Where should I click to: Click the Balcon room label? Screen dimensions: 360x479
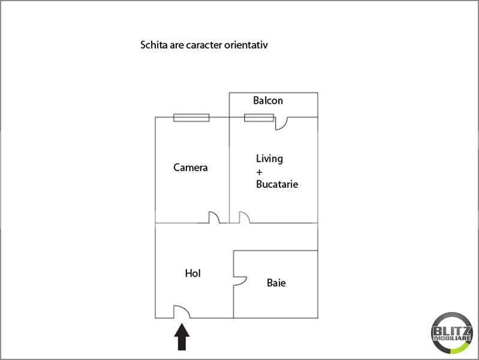point(267,101)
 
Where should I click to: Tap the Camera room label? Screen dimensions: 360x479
point(191,167)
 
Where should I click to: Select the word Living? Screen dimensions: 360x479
point(269,159)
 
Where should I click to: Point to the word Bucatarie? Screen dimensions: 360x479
point(277,184)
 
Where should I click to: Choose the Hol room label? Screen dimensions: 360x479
point(192,274)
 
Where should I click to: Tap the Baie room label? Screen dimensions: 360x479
point(276,282)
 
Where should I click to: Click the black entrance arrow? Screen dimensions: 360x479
point(182,337)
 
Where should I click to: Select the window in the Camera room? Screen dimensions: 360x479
point(191,118)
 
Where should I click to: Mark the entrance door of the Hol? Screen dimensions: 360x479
point(182,312)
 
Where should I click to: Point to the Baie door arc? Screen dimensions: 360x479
point(240,280)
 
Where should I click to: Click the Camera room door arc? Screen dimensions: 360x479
point(214,218)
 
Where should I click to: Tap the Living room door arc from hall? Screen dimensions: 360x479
point(244,218)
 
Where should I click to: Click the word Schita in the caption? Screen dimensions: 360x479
point(153,45)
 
